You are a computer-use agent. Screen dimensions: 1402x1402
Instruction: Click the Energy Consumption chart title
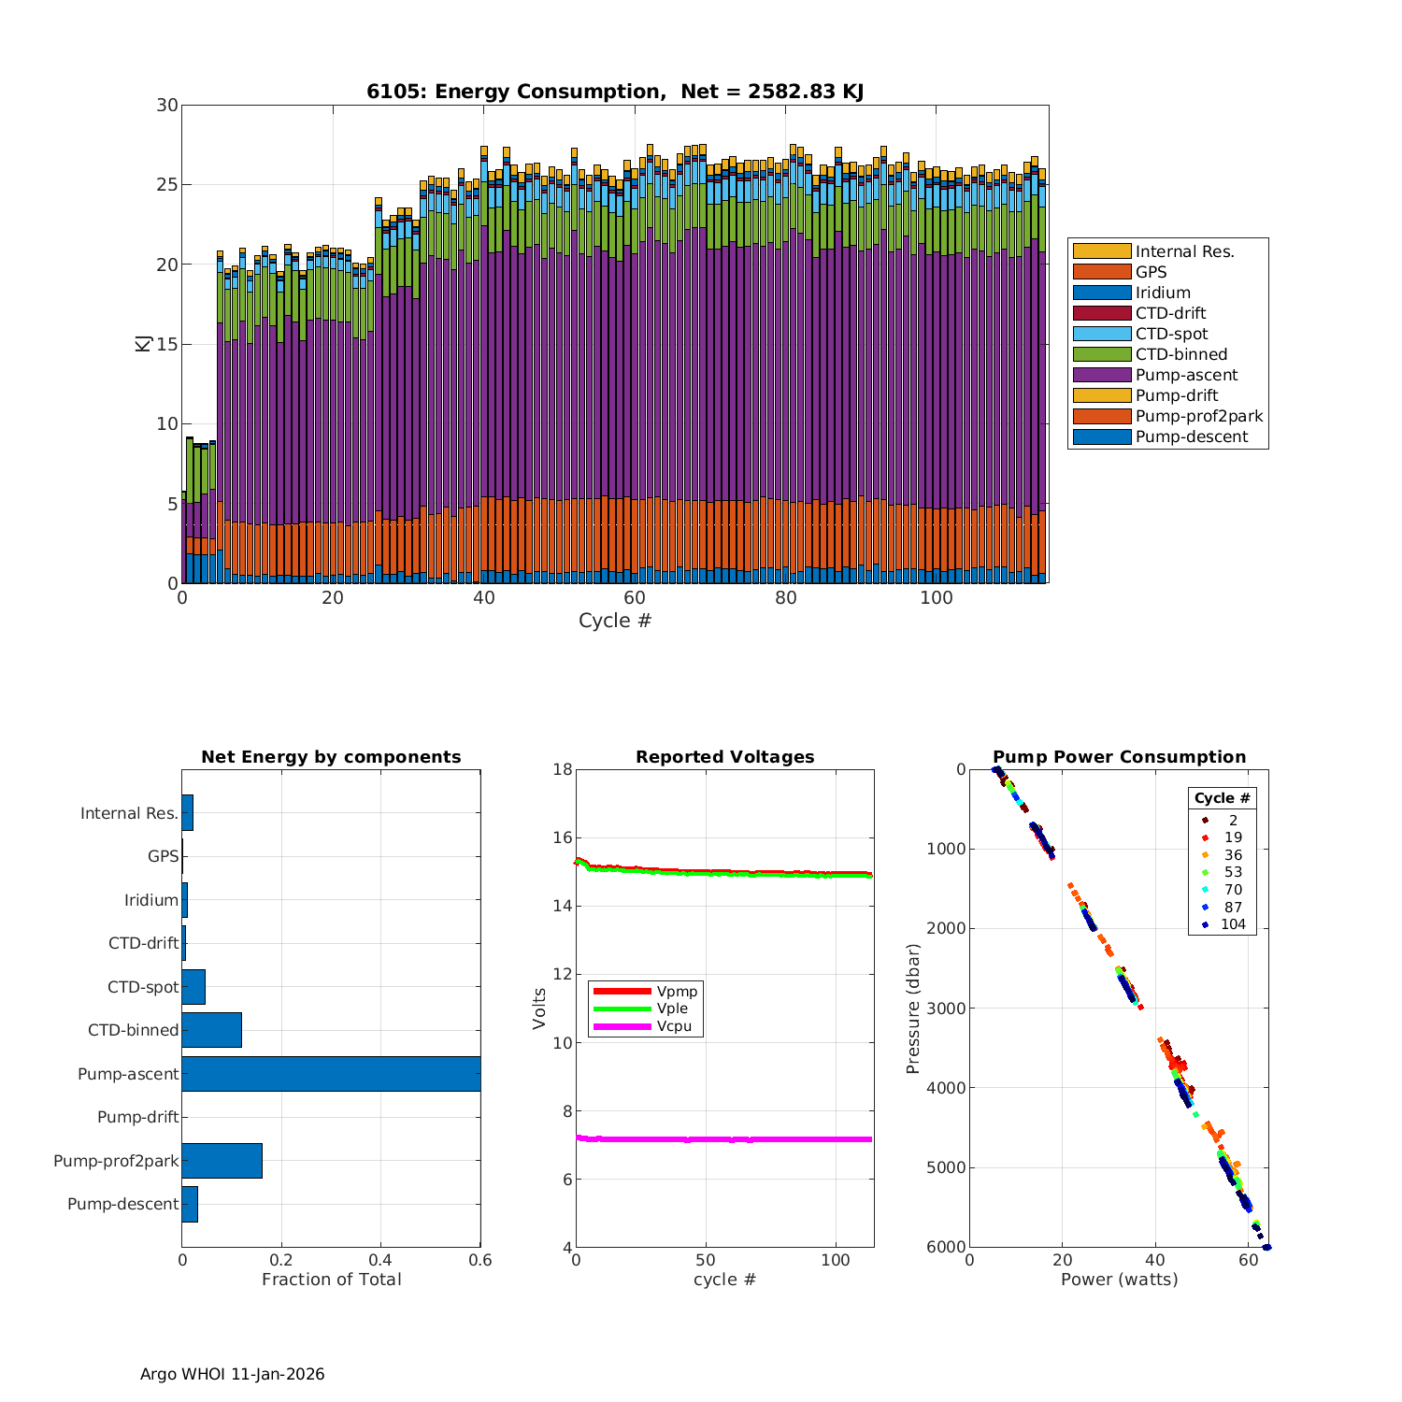(614, 92)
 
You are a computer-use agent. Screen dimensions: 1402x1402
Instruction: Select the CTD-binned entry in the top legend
(1180, 354)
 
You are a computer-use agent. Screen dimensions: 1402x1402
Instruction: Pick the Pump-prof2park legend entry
(1198, 416)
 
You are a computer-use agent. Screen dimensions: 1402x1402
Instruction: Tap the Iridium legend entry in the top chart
(1162, 293)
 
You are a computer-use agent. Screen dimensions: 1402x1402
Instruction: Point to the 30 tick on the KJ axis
(167, 105)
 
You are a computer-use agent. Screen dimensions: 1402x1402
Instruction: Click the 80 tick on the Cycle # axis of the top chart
(785, 598)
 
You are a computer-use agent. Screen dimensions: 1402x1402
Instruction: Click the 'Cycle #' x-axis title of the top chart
(614, 621)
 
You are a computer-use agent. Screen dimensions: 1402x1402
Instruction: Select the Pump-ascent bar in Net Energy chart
(331, 1074)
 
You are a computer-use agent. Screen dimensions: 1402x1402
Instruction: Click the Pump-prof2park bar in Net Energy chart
(222, 1161)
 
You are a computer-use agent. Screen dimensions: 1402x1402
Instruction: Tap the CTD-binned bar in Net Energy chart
(211, 1030)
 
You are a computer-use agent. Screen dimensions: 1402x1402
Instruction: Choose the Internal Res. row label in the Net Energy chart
(129, 813)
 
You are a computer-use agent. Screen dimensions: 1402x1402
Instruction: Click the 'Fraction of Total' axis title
(331, 1280)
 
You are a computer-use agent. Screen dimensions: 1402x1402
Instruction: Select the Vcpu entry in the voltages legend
(673, 1026)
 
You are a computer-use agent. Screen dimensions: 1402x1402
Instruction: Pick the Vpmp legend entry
(676, 991)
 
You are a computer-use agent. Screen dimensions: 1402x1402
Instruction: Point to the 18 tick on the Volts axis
(563, 769)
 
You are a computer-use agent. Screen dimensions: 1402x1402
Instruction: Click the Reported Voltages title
(724, 757)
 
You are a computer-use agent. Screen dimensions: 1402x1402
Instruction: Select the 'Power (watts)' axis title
(1119, 1280)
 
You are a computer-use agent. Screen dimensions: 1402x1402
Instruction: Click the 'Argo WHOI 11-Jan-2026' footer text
(232, 1374)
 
